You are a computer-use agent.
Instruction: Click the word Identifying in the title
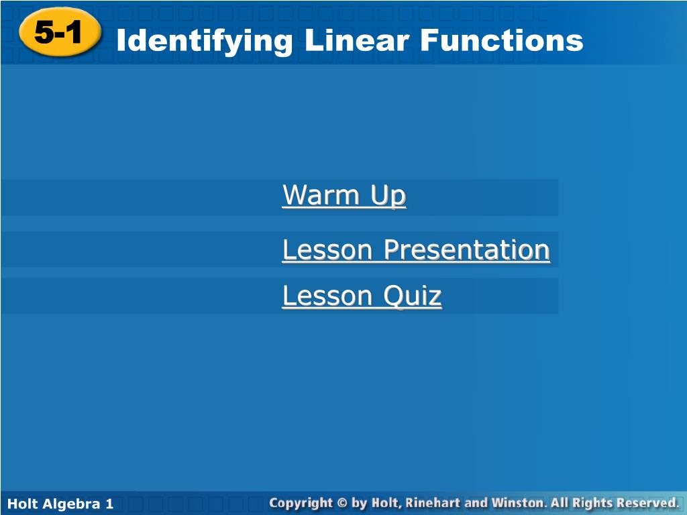pos(205,41)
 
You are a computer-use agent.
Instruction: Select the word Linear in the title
pos(357,40)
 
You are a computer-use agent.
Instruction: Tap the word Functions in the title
pos(502,40)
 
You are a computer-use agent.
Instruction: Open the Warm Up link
pos(344,195)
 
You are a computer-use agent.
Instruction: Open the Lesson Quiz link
pos(362,296)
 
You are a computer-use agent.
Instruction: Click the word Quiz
pos(413,296)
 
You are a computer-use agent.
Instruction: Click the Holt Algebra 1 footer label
pos(60,504)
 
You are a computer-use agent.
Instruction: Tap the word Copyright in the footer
pos(301,503)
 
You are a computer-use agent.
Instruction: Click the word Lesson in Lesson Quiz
pos(327,296)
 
